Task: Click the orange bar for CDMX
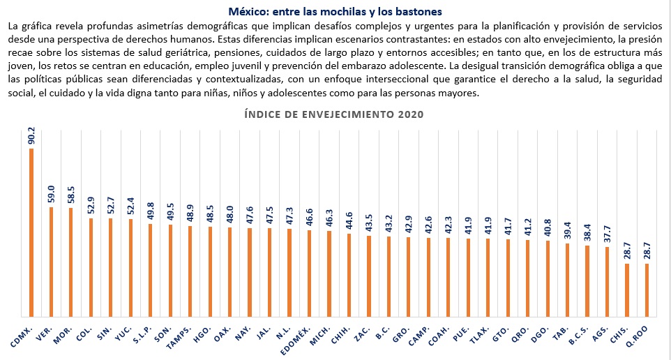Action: pyautogui.click(x=31, y=232)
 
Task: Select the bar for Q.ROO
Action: pyautogui.click(x=647, y=289)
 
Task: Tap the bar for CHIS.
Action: pyautogui.click(x=627, y=289)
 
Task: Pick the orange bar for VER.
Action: pyautogui.click(x=51, y=261)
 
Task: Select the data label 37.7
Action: pyautogui.click(x=607, y=232)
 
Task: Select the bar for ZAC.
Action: pyautogui.click(x=369, y=275)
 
